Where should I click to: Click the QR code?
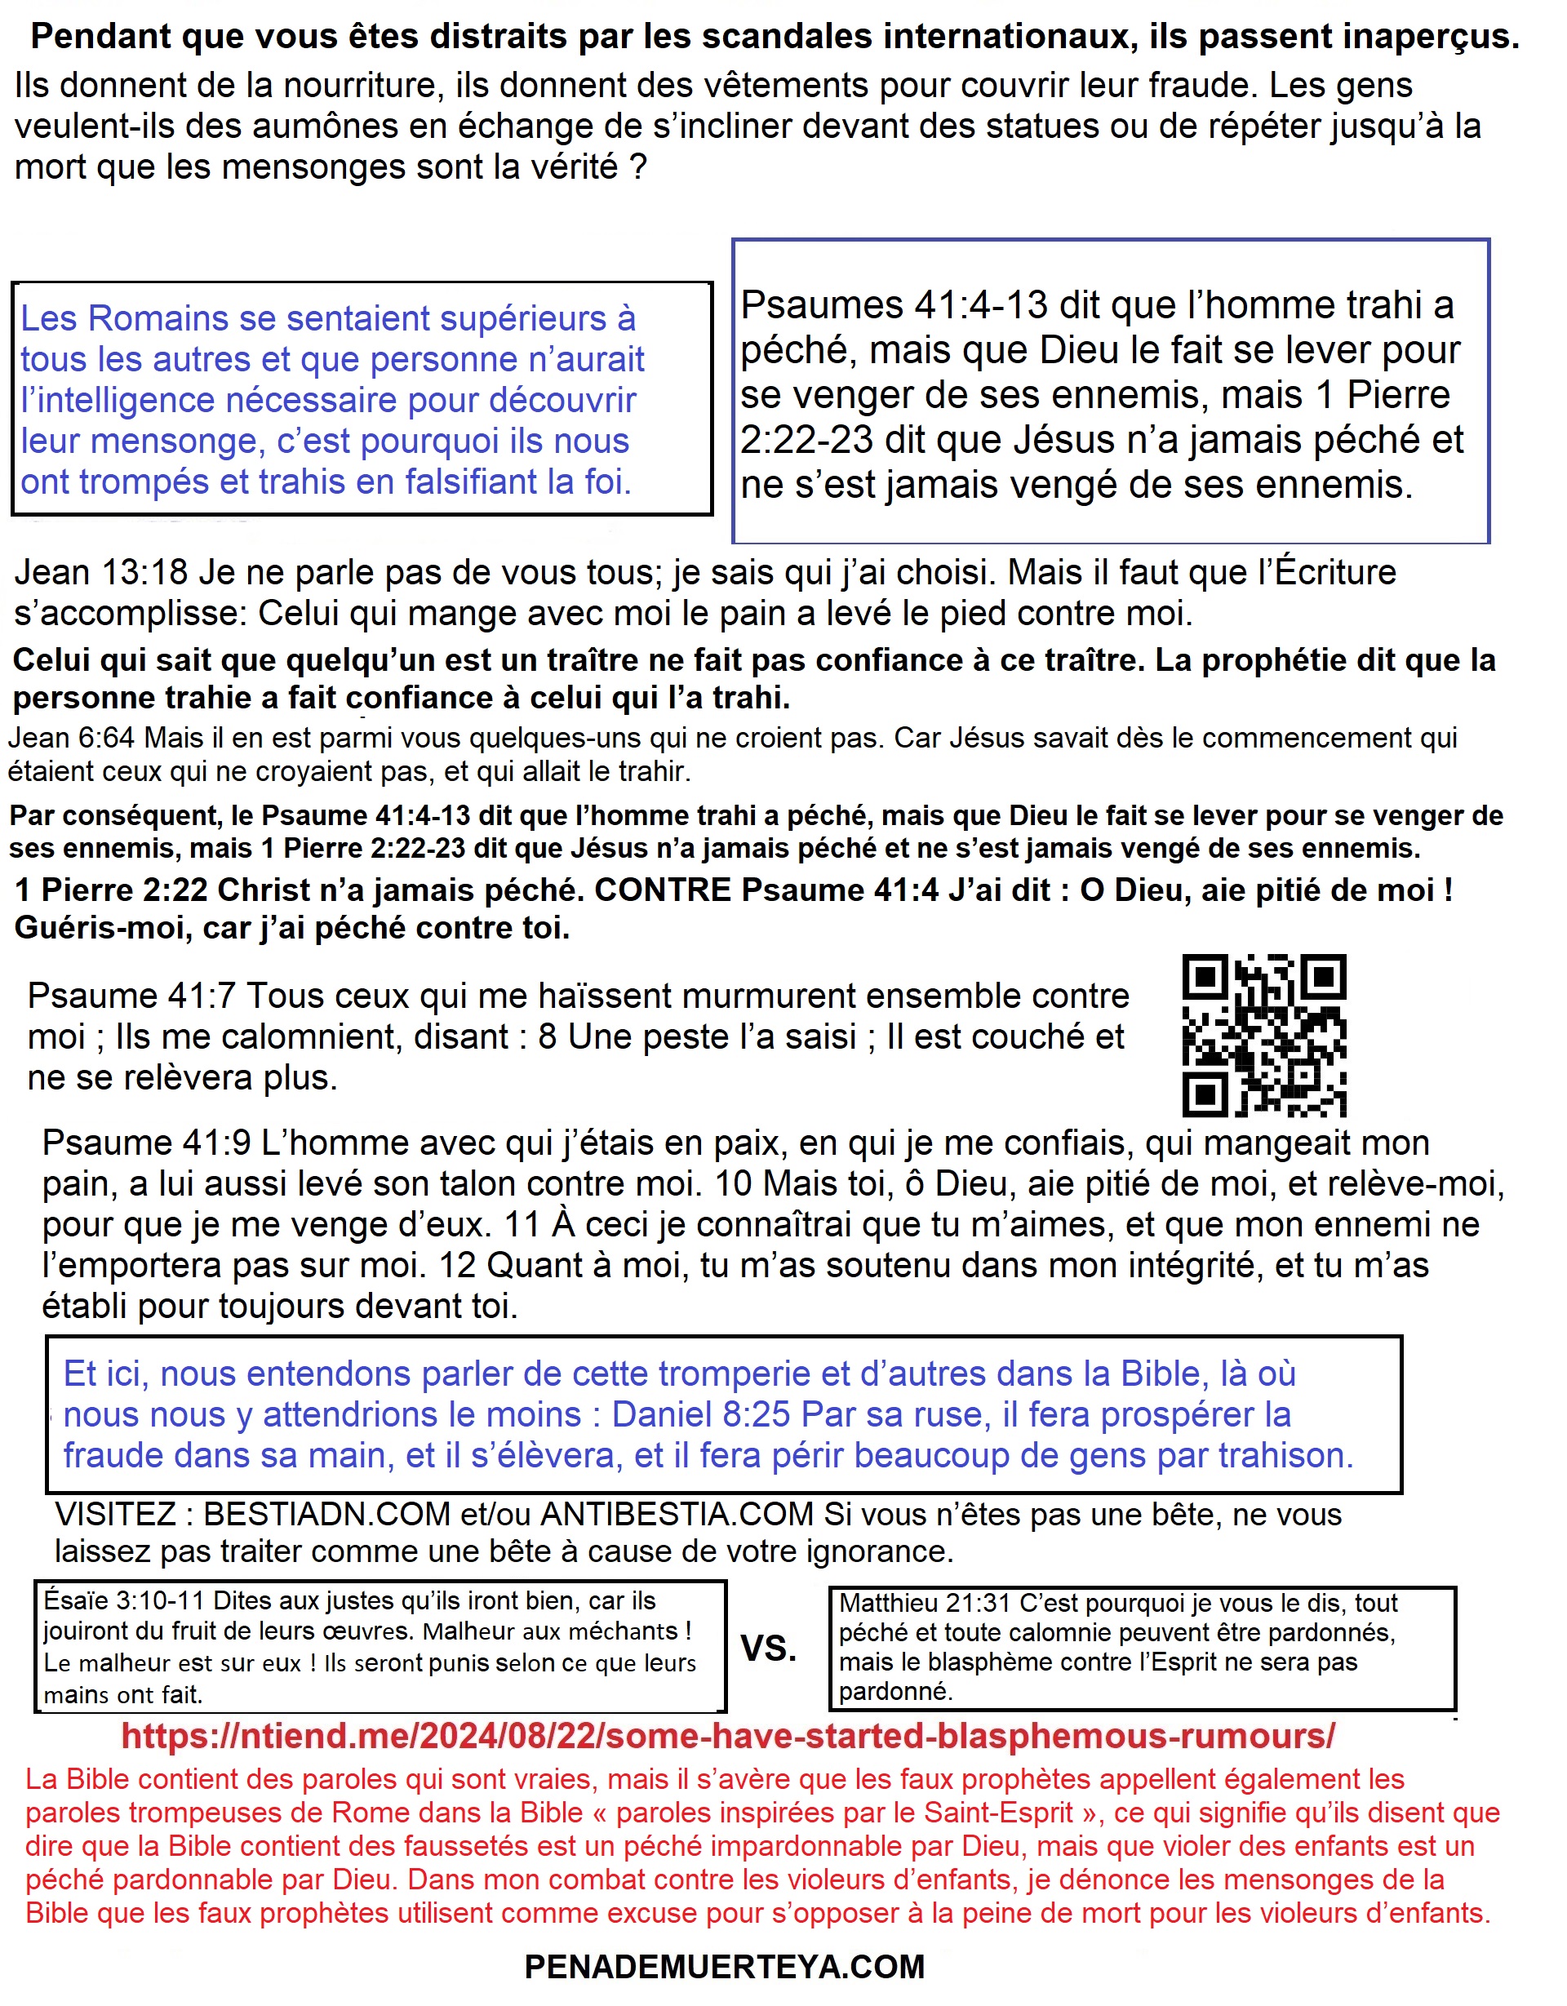[1264, 1035]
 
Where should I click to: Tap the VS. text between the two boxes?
[769, 1648]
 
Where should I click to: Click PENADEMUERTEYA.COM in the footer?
[725, 1967]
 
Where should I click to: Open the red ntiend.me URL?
[727, 1736]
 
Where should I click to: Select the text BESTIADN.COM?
[327, 1515]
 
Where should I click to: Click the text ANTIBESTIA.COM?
[677, 1515]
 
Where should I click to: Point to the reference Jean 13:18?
[101, 572]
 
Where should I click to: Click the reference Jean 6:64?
[72, 738]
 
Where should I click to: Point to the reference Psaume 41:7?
[131, 996]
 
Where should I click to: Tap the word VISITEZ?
[116, 1515]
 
